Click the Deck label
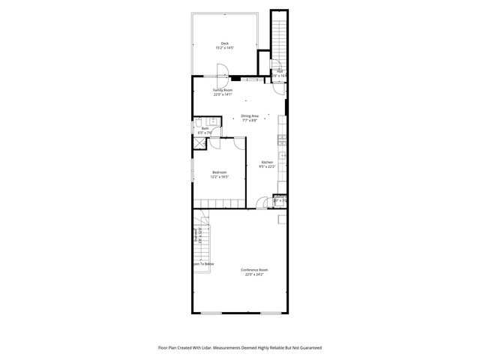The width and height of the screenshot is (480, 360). pyautogui.click(x=225, y=43)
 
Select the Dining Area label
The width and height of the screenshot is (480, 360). pyautogui.click(x=250, y=115)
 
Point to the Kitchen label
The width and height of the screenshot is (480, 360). pyautogui.click(x=267, y=162)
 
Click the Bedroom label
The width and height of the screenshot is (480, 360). pyautogui.click(x=220, y=173)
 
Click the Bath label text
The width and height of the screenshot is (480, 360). pyautogui.click(x=205, y=128)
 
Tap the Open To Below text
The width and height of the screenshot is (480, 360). pyautogui.click(x=203, y=264)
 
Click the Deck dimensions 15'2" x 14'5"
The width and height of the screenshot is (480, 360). pyautogui.click(x=225, y=48)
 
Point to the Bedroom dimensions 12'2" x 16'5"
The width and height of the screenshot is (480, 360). pyautogui.click(x=220, y=178)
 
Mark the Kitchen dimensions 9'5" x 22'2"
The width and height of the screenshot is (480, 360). pyautogui.click(x=267, y=167)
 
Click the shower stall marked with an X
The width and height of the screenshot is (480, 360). pyautogui.click(x=199, y=143)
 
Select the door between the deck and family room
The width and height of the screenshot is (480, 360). pyautogui.click(x=223, y=73)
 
